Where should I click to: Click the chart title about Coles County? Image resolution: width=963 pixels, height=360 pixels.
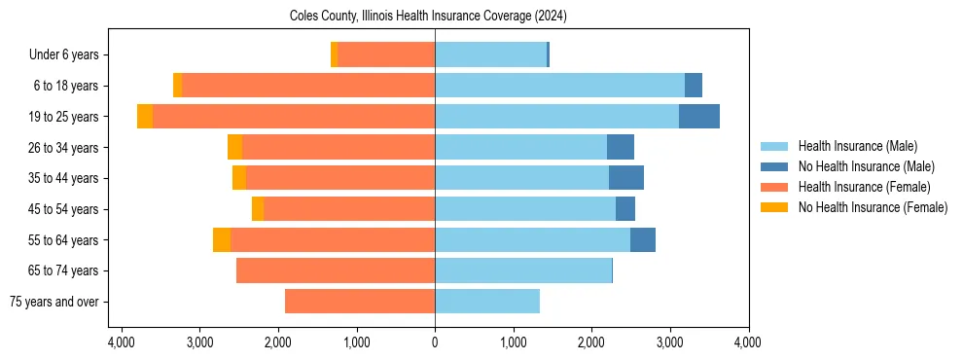pos(428,17)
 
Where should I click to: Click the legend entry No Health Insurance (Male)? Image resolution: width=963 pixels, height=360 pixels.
pos(866,166)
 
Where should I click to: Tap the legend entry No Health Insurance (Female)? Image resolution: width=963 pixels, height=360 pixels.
pos(873,207)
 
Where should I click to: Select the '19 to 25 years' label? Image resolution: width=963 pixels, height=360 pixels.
pos(63,117)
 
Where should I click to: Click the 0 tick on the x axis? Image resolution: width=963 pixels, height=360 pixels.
pos(435,342)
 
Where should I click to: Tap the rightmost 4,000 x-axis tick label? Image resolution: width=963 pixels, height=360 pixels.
pos(748,342)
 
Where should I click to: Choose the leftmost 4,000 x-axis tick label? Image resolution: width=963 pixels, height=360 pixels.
pos(121,342)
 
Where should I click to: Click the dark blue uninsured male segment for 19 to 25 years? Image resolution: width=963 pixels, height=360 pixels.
pos(698,117)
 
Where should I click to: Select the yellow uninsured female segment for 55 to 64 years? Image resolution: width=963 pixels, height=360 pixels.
pos(222,240)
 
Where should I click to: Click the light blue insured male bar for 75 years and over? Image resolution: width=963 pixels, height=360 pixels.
pos(486,302)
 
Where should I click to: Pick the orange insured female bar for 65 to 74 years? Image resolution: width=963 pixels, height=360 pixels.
pos(336,270)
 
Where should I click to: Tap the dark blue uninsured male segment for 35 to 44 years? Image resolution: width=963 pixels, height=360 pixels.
pos(625,178)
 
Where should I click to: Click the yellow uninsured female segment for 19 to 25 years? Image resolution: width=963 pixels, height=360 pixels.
pos(145,117)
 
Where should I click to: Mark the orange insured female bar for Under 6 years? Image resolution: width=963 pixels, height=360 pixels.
pos(386,54)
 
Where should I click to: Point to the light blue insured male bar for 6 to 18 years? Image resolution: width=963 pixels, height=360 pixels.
pos(559,86)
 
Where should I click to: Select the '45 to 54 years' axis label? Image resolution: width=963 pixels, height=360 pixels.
pos(63,209)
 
